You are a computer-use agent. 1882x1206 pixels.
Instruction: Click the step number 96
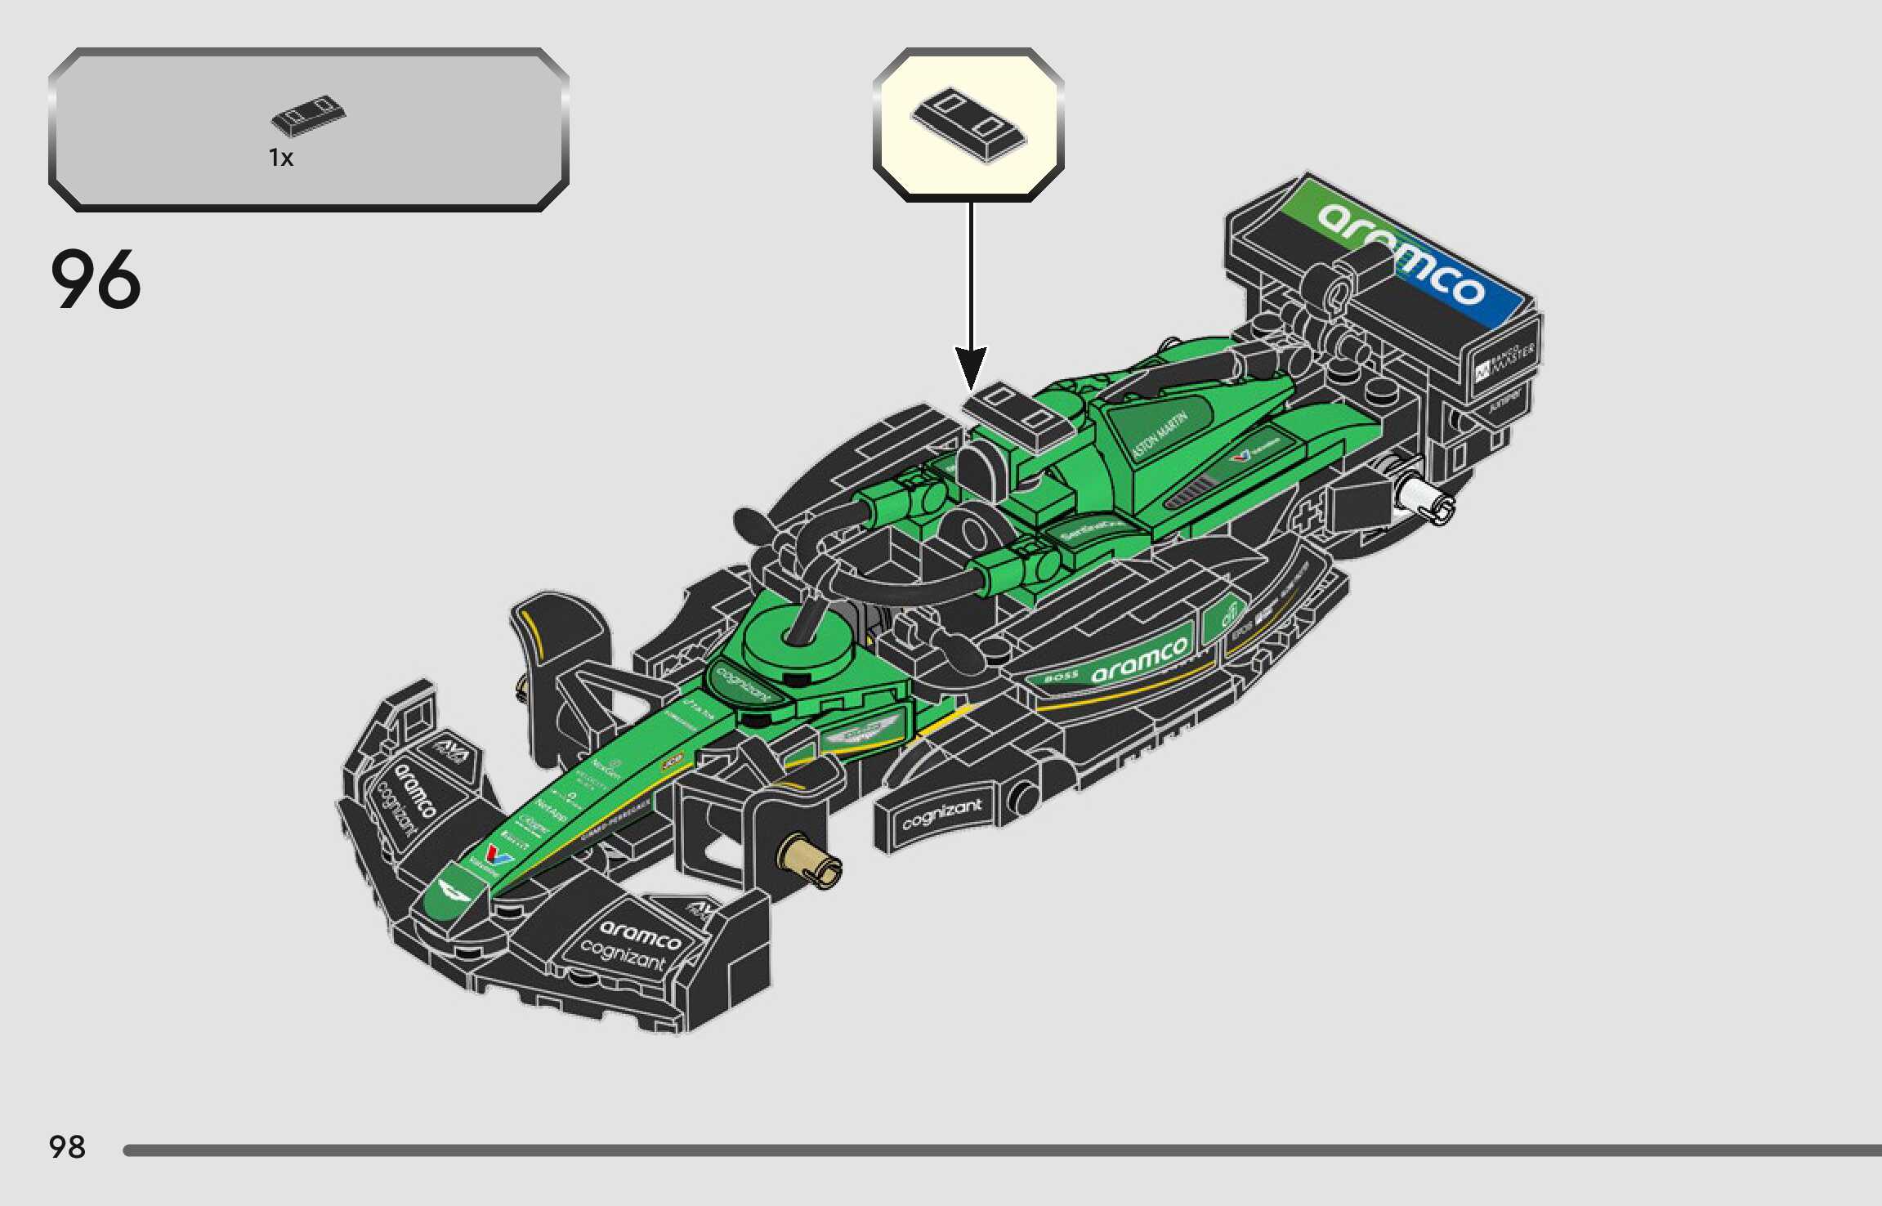pos(96,279)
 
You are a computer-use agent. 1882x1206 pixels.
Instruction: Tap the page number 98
pos(67,1147)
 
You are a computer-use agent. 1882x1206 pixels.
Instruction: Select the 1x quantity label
pos(281,158)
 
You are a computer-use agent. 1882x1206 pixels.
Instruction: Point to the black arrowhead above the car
pos(971,368)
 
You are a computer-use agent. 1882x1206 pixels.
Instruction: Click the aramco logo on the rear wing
pos(1401,252)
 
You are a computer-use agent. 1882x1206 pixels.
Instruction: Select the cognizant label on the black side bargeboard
pos(941,814)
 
